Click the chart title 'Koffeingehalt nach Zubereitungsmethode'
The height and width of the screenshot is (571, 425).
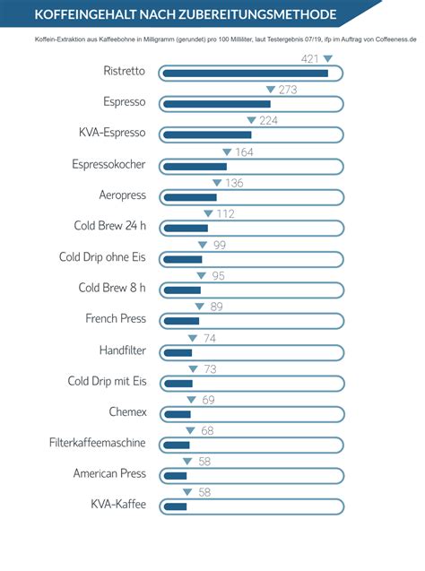click(186, 15)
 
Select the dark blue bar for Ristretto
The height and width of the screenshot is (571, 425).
click(245, 73)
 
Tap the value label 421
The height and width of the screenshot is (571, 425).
click(309, 58)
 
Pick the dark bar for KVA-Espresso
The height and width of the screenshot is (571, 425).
click(207, 134)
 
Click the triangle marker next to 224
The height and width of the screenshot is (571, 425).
click(251, 121)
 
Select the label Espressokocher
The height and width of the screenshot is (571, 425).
click(108, 165)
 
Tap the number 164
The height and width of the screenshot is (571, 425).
click(244, 152)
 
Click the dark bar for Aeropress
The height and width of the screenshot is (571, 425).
click(190, 197)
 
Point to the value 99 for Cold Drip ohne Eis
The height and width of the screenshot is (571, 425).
click(218, 246)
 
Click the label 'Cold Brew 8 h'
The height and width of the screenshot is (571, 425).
click(112, 288)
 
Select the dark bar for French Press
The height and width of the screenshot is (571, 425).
click(181, 321)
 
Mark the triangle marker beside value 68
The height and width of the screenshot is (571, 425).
click(189, 431)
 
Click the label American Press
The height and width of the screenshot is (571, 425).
click(109, 473)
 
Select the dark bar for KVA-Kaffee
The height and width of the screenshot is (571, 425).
click(175, 506)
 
